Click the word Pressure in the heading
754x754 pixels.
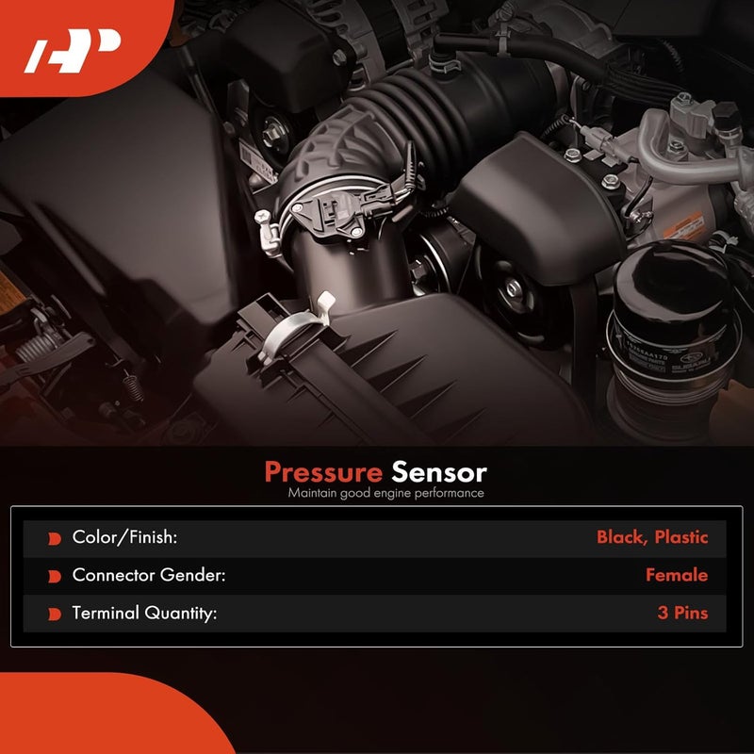click(322, 471)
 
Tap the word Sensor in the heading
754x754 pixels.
click(439, 471)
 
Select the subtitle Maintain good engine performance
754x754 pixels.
click(386, 493)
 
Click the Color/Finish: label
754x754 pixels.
click(125, 537)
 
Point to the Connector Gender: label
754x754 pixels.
click(148, 575)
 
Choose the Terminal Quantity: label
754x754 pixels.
click(144, 613)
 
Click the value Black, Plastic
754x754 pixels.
click(651, 537)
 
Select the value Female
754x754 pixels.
click(676, 575)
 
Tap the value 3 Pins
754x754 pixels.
click(682, 613)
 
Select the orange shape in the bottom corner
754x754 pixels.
click(94, 716)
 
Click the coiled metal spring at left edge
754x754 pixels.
click(36, 347)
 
